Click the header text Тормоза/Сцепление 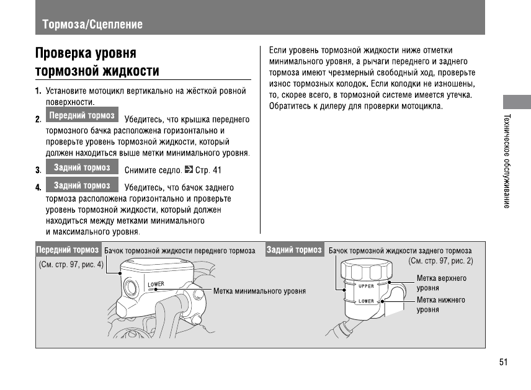tap(92, 25)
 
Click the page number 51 tap(503, 363)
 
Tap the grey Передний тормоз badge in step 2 tap(82, 116)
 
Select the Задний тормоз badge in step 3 tap(82, 167)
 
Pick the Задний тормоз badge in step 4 tap(82, 185)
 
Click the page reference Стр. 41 tap(208, 170)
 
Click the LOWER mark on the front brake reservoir tap(156, 285)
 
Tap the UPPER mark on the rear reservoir tap(366, 286)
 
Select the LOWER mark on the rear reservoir tap(366, 301)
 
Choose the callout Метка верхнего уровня tap(441, 283)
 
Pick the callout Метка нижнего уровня tap(440, 304)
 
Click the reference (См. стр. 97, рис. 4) tap(71, 264)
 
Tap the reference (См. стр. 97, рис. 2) tap(440, 261)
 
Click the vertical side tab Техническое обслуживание tap(507, 161)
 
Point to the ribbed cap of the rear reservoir tap(364, 270)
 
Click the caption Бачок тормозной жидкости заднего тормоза tap(400, 251)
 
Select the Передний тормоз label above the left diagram tap(68, 250)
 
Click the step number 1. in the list tap(38, 92)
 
